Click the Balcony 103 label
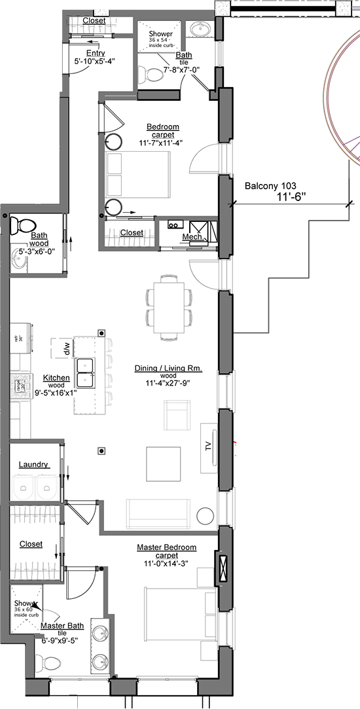click(x=270, y=186)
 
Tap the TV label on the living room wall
click(x=208, y=447)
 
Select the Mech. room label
click(x=192, y=237)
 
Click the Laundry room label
click(x=33, y=464)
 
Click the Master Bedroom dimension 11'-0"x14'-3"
click(x=166, y=564)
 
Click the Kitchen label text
click(x=56, y=378)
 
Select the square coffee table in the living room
click(x=163, y=463)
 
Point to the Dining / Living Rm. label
click(x=168, y=369)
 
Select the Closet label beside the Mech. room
click(x=132, y=232)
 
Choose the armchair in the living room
click(x=177, y=416)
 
